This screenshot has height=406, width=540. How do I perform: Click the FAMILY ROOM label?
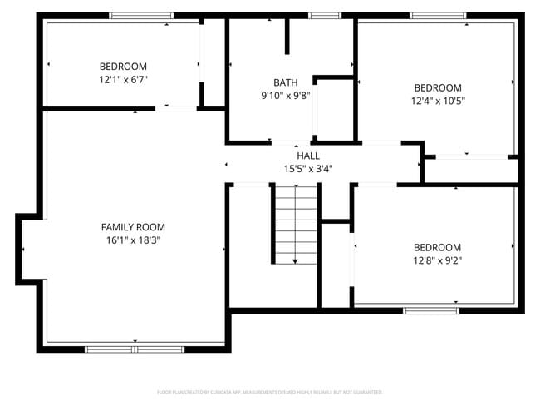pos(133,227)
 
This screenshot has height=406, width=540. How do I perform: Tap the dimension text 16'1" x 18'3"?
pos(133,240)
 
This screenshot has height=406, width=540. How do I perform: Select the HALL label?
pos(307,156)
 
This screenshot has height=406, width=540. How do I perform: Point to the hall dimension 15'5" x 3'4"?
pos(307,169)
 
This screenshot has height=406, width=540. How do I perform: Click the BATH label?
pos(285,82)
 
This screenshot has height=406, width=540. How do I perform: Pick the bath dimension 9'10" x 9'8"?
pos(285,95)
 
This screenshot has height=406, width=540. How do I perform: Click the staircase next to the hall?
pos(297,225)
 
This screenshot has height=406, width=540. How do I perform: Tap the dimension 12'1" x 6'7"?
pos(123,80)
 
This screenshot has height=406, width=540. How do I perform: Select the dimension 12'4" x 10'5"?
pos(438,101)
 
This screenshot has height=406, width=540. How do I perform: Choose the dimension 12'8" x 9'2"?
pos(437,260)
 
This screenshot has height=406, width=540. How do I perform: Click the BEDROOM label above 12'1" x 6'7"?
pos(123,67)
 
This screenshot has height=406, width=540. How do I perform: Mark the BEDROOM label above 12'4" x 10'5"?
pos(438,88)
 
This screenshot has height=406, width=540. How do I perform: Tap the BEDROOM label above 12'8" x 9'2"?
pos(437,247)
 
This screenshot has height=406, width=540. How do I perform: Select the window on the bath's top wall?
pos(325,15)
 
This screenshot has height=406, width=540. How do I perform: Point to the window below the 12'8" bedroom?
pos(430,311)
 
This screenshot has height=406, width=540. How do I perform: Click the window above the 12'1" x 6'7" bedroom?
pos(141,15)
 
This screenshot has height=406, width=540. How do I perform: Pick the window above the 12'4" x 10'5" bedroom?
pos(438,15)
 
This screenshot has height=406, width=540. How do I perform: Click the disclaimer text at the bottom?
pos(270,391)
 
